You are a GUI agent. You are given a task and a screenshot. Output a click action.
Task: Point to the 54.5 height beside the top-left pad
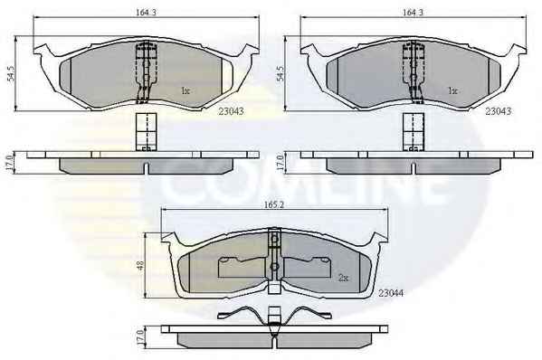coord(11,73)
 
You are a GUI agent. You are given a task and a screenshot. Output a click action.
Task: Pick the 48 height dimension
coord(140,265)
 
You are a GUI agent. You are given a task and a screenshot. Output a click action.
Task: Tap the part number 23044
coord(391,293)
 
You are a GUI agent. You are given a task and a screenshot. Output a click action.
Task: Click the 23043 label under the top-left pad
coord(231,111)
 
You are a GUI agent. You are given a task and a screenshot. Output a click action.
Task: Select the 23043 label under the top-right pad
coord(498,111)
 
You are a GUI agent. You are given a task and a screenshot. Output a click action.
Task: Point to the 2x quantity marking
coord(343,278)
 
